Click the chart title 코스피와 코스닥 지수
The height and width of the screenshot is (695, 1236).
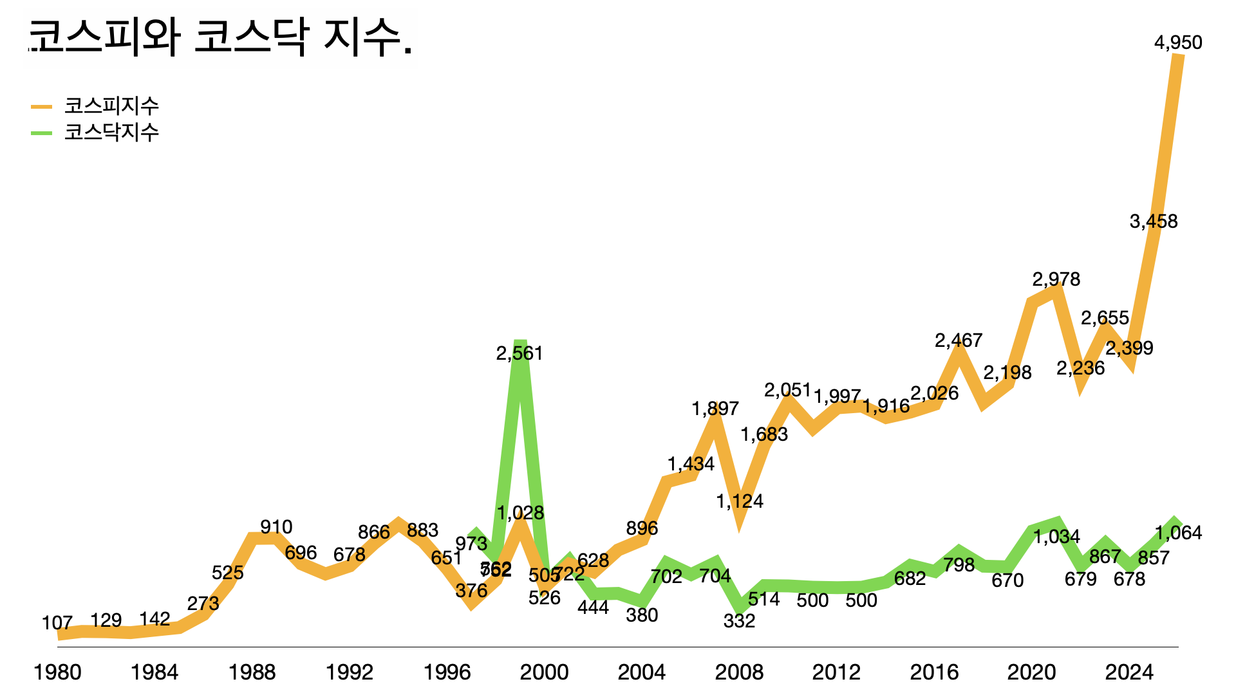pyautogui.click(x=219, y=37)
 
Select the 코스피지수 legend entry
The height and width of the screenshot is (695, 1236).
pyautogui.click(x=111, y=106)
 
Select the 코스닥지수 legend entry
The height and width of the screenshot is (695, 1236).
pyautogui.click(x=111, y=132)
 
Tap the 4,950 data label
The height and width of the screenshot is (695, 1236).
pyautogui.click(x=1178, y=42)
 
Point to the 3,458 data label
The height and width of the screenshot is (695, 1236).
pyautogui.click(x=1154, y=221)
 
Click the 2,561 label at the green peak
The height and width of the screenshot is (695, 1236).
pyautogui.click(x=520, y=353)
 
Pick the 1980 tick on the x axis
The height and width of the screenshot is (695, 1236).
pyautogui.click(x=57, y=672)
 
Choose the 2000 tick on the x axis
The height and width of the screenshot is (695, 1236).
pyautogui.click(x=544, y=672)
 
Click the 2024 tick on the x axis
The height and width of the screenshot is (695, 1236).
pyautogui.click(x=1129, y=672)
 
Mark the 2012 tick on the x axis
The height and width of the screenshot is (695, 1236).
pyautogui.click(x=836, y=672)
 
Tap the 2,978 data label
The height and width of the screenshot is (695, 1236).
pyautogui.click(x=1056, y=279)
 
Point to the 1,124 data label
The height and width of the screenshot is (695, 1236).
pyautogui.click(x=740, y=501)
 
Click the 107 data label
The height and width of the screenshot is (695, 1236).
pyautogui.click(x=57, y=623)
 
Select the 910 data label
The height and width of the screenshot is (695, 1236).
pyautogui.click(x=276, y=527)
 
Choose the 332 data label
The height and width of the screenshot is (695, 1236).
pyautogui.click(x=739, y=621)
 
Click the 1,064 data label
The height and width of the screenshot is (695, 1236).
pyautogui.click(x=1178, y=533)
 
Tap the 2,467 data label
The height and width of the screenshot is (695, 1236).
pyautogui.click(x=959, y=340)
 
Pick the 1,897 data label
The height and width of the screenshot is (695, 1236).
pyautogui.click(x=715, y=409)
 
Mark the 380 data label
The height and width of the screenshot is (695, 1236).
pyautogui.click(x=642, y=615)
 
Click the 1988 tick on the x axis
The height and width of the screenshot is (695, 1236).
pyautogui.click(x=252, y=672)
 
